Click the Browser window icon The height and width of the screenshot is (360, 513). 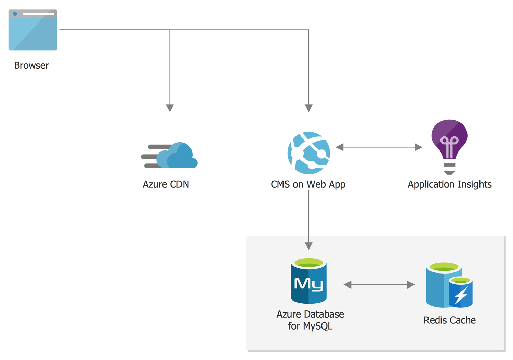click(32, 30)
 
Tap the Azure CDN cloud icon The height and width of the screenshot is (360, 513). click(169, 155)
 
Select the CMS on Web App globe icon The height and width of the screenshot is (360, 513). click(309, 153)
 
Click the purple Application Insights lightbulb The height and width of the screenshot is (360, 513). click(449, 147)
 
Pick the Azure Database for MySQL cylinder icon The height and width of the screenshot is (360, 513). click(309, 281)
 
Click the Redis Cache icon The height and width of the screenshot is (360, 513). click(449, 285)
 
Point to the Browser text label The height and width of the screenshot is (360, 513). click(31, 66)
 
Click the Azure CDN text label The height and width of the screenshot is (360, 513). click(166, 184)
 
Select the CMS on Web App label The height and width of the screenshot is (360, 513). click(308, 185)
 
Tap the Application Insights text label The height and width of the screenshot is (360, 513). click(450, 185)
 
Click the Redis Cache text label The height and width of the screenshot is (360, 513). click(450, 320)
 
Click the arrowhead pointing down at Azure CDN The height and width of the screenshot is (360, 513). click(170, 108)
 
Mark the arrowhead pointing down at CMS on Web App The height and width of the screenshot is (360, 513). click(309, 108)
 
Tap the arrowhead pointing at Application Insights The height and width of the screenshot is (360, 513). click(418, 147)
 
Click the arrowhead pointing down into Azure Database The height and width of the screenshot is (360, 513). click(309, 246)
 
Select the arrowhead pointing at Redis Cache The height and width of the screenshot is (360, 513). click(411, 285)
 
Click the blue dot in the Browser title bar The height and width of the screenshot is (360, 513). click(15, 14)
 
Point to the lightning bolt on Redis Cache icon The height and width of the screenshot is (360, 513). click(461, 296)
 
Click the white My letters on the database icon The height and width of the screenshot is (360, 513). click(309, 284)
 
